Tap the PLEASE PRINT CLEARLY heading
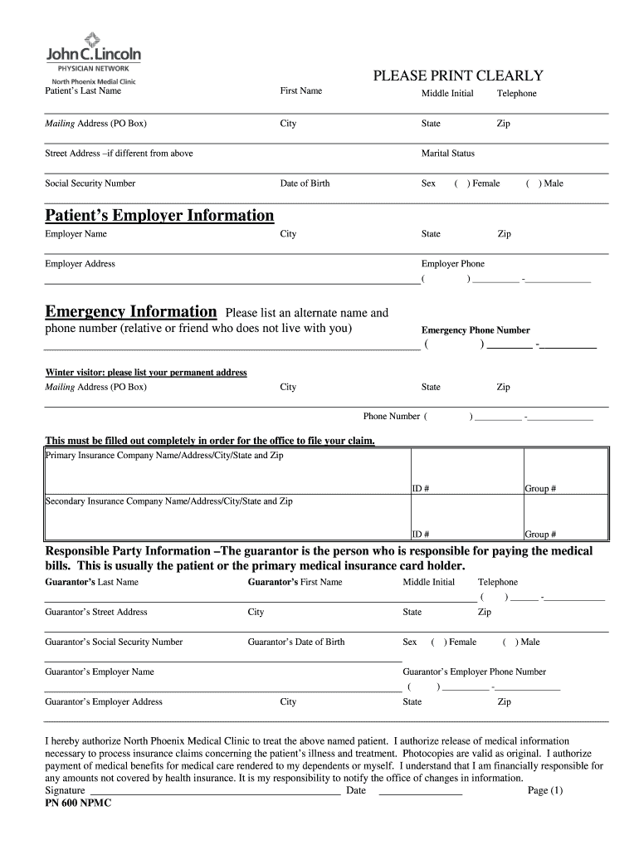[x=457, y=76]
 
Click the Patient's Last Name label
[x=83, y=90]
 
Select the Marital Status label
[x=448, y=154]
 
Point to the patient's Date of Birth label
[x=305, y=183]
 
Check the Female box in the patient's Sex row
[x=461, y=183]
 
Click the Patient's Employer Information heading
[x=159, y=216]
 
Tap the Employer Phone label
[x=453, y=264]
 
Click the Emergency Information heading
[x=130, y=312]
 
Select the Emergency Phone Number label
[x=476, y=330]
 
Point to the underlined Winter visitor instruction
[x=146, y=373]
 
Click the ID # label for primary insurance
[x=421, y=489]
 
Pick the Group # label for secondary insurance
[x=540, y=535]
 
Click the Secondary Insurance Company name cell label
[x=168, y=501]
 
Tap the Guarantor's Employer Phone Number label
[x=474, y=672]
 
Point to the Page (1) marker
[x=545, y=791]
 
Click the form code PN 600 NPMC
[x=78, y=804]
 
